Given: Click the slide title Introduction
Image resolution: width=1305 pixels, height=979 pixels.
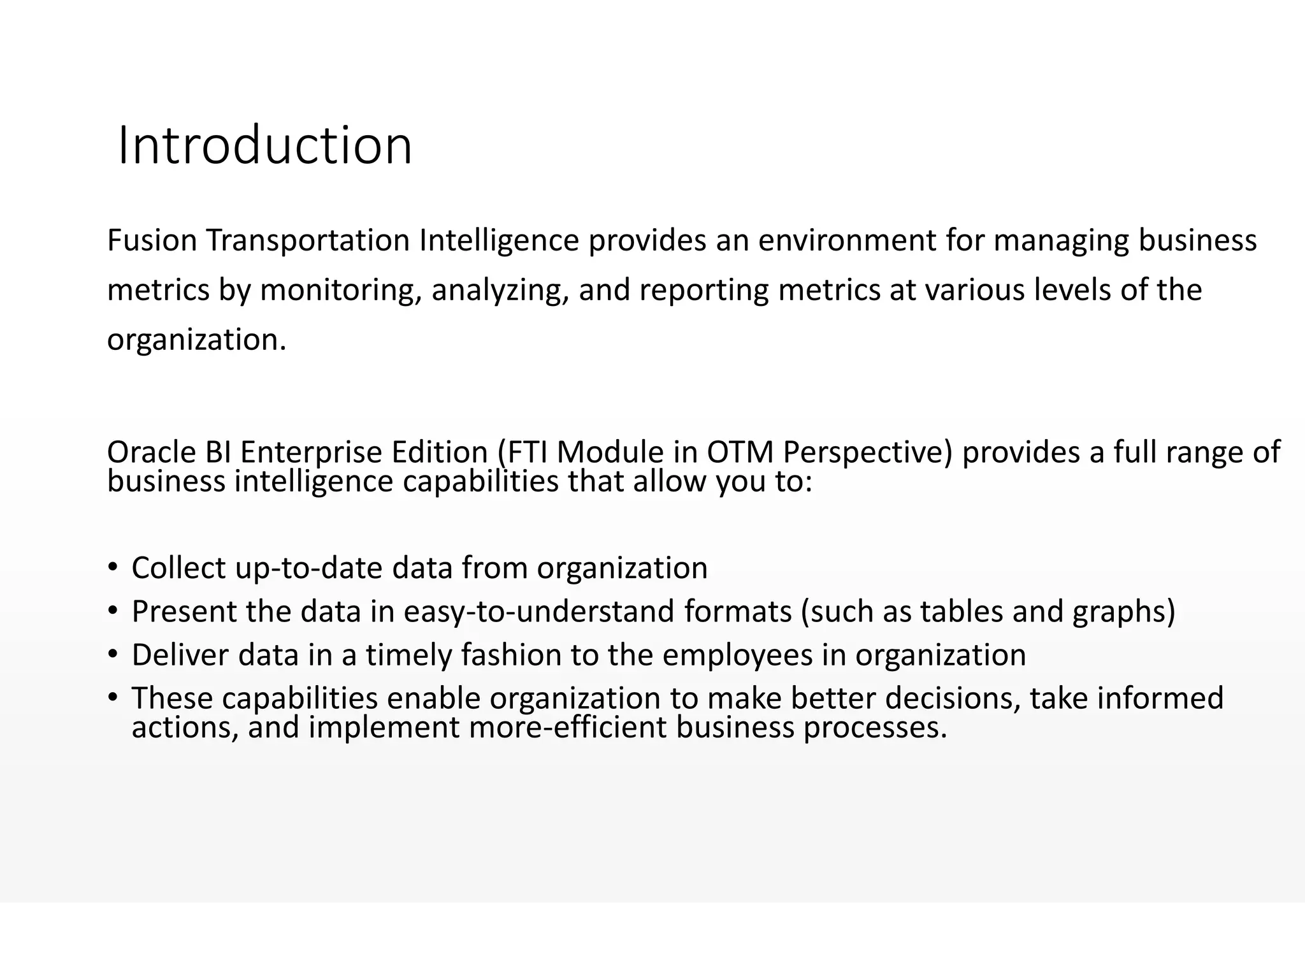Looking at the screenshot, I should (x=265, y=146).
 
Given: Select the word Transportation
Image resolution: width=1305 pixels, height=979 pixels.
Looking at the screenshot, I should (x=307, y=240).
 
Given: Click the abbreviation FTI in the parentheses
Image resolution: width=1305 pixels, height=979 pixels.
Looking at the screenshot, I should (x=526, y=452).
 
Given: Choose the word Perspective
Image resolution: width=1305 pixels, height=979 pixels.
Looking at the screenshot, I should (x=867, y=452).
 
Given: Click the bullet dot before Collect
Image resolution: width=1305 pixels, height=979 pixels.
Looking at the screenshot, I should (x=113, y=567).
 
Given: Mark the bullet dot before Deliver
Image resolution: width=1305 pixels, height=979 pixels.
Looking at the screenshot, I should (x=113, y=654).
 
